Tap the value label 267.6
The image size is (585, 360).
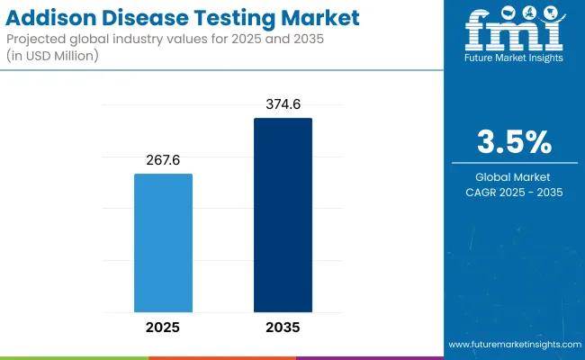pyautogui.click(x=163, y=159)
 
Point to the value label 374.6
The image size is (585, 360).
pyautogui.click(x=283, y=103)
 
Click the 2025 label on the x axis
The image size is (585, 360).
pyautogui.click(x=163, y=327)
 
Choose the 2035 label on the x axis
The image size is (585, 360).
pyautogui.click(x=283, y=327)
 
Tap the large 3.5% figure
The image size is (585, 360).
pyautogui.click(x=514, y=142)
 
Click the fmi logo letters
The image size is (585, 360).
pyautogui.click(x=514, y=34)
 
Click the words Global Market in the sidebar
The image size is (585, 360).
pyautogui.click(x=514, y=176)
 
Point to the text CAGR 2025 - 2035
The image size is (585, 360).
pyautogui.click(x=514, y=192)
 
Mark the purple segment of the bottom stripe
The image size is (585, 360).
pyautogui.click(x=369, y=357)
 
